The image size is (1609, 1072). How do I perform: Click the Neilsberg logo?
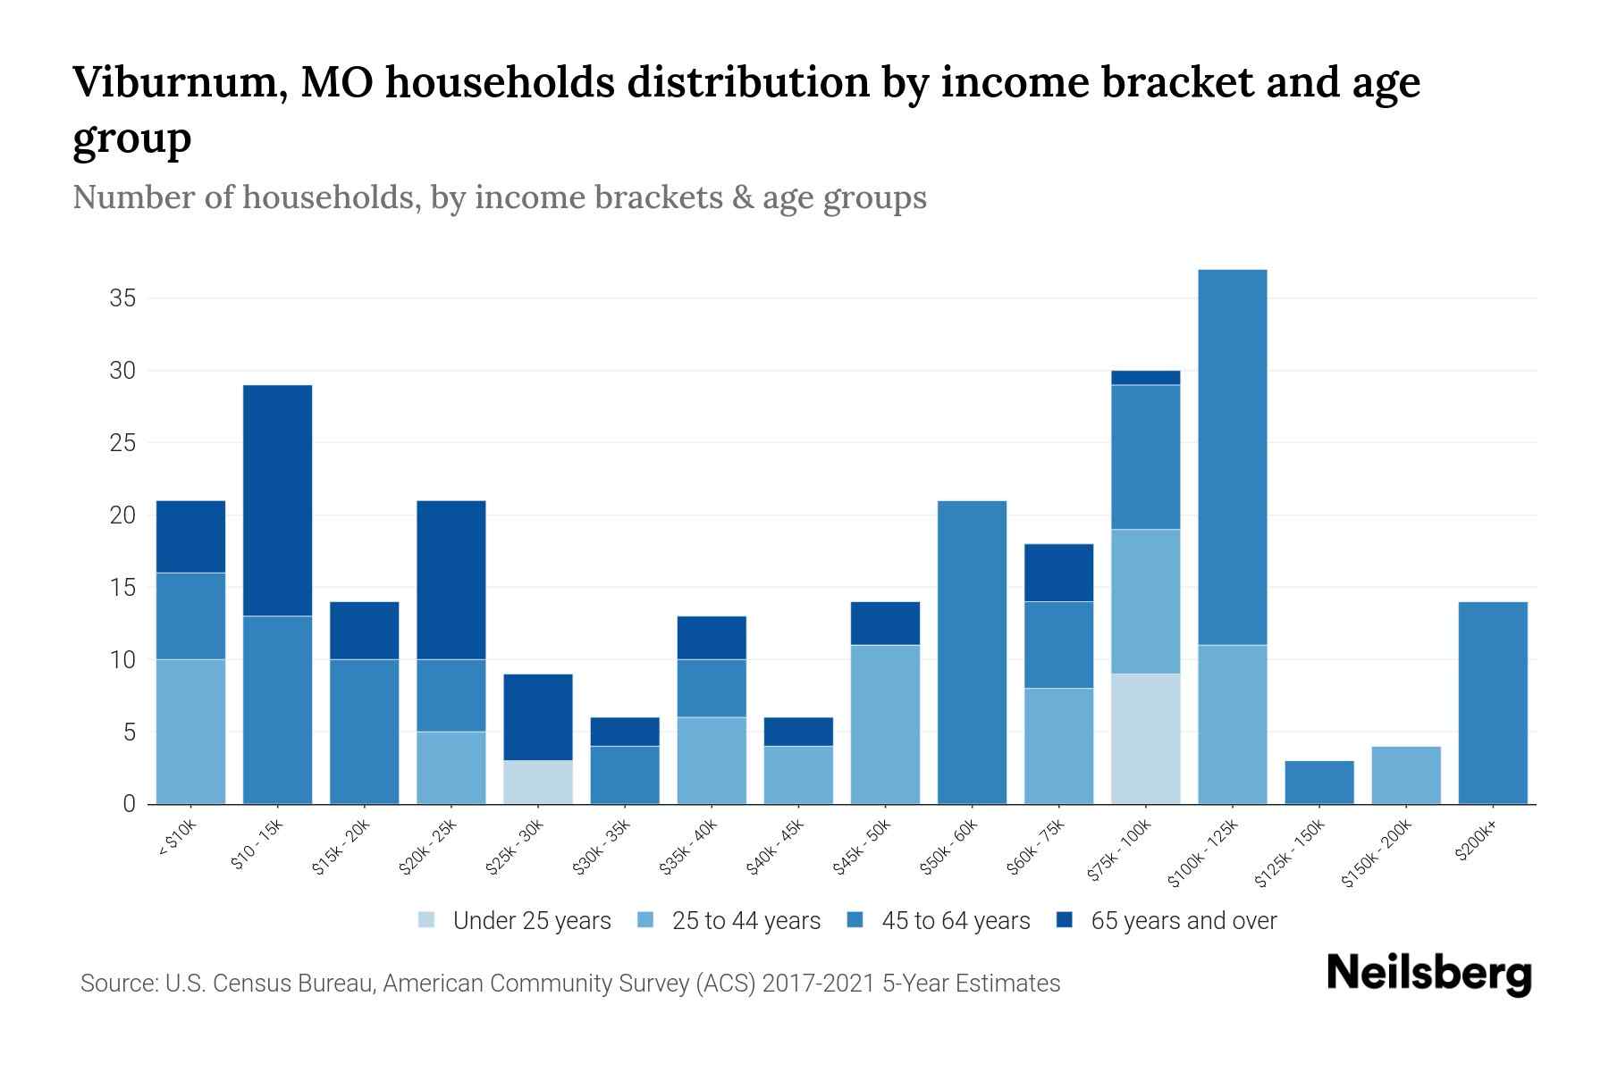[x=1428, y=973]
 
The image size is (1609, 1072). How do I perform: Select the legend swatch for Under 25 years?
[x=427, y=920]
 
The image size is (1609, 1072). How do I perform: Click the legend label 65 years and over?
[x=1184, y=921]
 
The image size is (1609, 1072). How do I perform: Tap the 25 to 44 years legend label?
[x=746, y=921]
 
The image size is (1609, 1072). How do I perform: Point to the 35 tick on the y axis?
[x=122, y=298]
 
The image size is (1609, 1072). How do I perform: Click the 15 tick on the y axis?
[x=122, y=588]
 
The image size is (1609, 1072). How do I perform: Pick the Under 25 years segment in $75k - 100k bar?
[x=1145, y=739]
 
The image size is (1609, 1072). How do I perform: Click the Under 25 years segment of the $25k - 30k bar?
[x=538, y=783]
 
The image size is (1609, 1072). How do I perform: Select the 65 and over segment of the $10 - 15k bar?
[x=277, y=500]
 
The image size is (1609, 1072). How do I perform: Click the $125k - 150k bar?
[x=1318, y=783]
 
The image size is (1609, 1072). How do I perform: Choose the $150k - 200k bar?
[x=1405, y=775]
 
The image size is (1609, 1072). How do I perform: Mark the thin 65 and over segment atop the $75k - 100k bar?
[x=1145, y=378]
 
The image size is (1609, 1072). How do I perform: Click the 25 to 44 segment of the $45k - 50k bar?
[x=885, y=724]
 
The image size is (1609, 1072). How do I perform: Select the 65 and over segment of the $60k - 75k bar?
[x=1058, y=573]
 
